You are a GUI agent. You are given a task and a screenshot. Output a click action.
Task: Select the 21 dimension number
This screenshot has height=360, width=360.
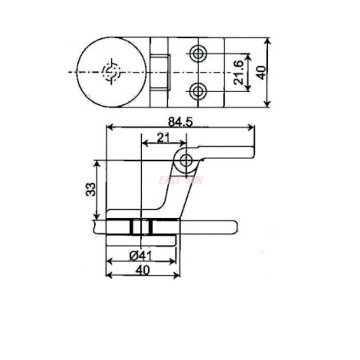pos(163,138)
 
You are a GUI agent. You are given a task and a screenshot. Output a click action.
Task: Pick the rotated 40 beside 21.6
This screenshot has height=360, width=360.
pos(261,72)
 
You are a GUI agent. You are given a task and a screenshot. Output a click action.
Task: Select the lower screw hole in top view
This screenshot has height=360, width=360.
pos(197,91)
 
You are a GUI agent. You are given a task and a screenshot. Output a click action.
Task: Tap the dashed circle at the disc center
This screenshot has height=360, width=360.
pos(111,72)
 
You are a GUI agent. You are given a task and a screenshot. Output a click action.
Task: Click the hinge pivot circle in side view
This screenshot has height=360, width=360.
pos(186,160)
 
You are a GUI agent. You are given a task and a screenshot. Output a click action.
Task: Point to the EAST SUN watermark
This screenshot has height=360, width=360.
pos(180,180)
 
